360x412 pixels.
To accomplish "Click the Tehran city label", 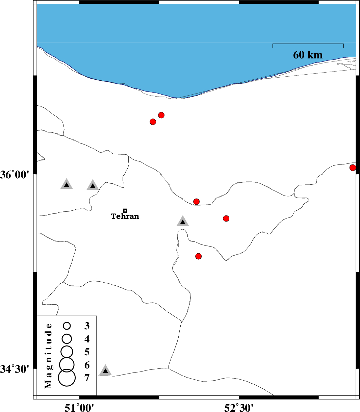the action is coord(125,216).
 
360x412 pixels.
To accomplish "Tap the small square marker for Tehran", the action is coord(125,211).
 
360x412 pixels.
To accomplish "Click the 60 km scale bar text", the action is coord(308,55).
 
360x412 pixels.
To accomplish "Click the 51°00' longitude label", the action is coord(79,408).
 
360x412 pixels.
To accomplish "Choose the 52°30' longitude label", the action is coord(239,408).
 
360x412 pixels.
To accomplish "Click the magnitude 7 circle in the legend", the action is coord(67,378).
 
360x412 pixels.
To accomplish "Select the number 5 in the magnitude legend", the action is coord(87,352).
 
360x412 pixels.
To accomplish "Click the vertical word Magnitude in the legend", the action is coord(48,356).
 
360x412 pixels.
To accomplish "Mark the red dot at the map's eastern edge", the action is coord(353,168).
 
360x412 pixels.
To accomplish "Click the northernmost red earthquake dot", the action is coord(161,115).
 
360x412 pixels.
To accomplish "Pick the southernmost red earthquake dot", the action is coord(199,256).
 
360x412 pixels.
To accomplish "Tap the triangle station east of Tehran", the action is coord(183,222).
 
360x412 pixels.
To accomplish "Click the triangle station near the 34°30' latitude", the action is coord(105,370).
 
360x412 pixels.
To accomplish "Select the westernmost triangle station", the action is coord(67,184).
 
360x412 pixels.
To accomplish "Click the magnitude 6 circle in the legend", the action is coord(67,364).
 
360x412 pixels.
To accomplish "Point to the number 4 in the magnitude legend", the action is coord(87,339).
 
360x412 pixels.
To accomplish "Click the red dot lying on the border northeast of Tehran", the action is coord(196,201).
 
